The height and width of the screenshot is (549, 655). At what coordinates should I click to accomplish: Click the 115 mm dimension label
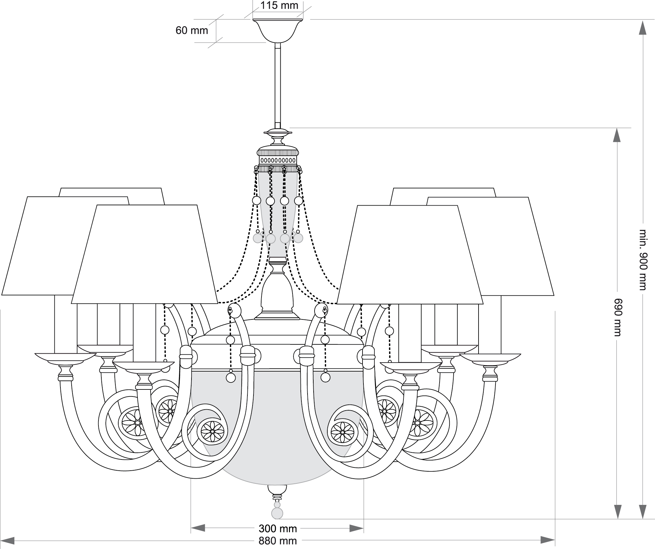coord(279,5)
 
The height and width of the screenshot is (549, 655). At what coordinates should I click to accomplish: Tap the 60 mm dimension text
coord(192,31)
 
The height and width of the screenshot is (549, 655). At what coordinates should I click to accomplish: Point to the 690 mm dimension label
coord(618,317)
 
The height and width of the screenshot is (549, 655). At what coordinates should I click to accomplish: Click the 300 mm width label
coord(278,529)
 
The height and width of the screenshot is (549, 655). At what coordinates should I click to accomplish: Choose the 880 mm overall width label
coord(278,541)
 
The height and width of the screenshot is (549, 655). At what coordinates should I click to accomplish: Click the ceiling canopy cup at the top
coord(277,31)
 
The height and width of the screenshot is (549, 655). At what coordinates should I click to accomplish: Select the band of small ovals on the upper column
coord(277,160)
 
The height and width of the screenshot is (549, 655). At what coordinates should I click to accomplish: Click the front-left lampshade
coord(144,254)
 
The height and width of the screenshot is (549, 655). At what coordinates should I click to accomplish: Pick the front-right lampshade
coord(410,254)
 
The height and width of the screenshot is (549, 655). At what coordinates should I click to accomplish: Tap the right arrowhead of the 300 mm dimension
coord(356,528)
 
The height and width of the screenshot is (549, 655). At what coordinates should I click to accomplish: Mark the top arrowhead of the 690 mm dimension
coord(617,135)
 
